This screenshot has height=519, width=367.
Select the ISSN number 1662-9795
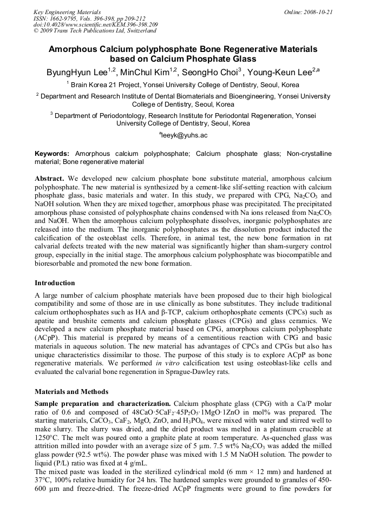click(x=64, y=18)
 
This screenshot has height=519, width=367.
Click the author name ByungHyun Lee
click(x=76, y=72)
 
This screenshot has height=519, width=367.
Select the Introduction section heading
click(x=55, y=283)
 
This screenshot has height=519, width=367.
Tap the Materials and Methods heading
click(x=71, y=391)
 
